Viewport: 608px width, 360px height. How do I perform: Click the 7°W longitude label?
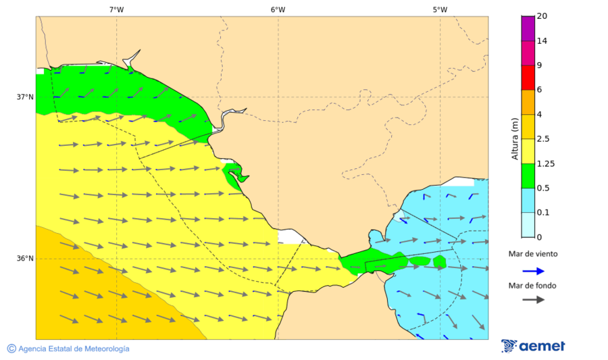click(116, 9)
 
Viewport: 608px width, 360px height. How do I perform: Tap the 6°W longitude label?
click(278, 9)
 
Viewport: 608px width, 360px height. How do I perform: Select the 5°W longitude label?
click(440, 9)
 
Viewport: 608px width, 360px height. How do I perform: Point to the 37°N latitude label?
click(25, 97)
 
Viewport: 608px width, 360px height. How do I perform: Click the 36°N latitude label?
click(25, 258)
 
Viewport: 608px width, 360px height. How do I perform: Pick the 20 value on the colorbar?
click(542, 16)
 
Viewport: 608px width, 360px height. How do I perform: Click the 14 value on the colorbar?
click(542, 41)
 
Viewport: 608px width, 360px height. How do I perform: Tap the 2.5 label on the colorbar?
click(543, 139)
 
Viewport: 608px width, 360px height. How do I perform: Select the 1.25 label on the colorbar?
click(544, 163)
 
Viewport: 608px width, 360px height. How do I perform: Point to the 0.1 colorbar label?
click(542, 213)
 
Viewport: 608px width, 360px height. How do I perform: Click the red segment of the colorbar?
click(528, 78)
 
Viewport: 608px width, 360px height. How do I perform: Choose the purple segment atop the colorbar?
click(528, 28)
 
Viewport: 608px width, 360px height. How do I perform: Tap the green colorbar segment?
click(528, 176)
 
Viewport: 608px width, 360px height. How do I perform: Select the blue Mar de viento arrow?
click(533, 271)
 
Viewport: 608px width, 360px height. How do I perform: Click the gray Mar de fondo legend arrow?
click(533, 299)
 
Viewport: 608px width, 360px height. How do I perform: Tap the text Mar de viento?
click(533, 254)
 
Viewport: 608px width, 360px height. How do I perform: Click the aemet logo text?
click(542, 346)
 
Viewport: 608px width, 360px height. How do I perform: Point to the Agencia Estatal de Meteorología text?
click(74, 349)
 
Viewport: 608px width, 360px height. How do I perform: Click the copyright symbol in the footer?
click(11, 349)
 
